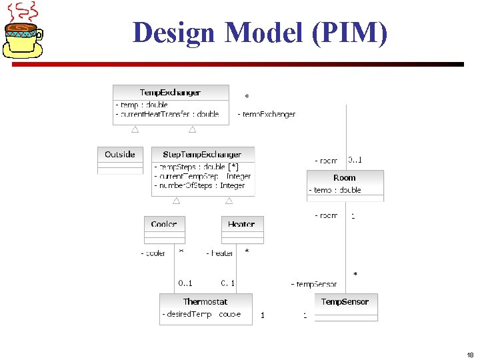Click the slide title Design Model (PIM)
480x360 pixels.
(259, 31)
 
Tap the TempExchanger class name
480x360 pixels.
(170, 92)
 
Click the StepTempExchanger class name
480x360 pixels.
(202, 155)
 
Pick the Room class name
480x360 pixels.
(345, 178)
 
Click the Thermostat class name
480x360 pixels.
(205, 302)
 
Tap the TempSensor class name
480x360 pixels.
(345, 302)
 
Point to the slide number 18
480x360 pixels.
(470, 355)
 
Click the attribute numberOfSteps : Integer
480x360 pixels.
(200, 185)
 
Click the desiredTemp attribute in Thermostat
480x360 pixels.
(187, 314)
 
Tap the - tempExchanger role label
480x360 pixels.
(267, 115)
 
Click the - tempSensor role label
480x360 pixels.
(314, 285)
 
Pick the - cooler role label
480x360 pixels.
(153, 253)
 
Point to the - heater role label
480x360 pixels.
(219, 253)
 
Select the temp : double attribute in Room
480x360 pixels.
(335, 190)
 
